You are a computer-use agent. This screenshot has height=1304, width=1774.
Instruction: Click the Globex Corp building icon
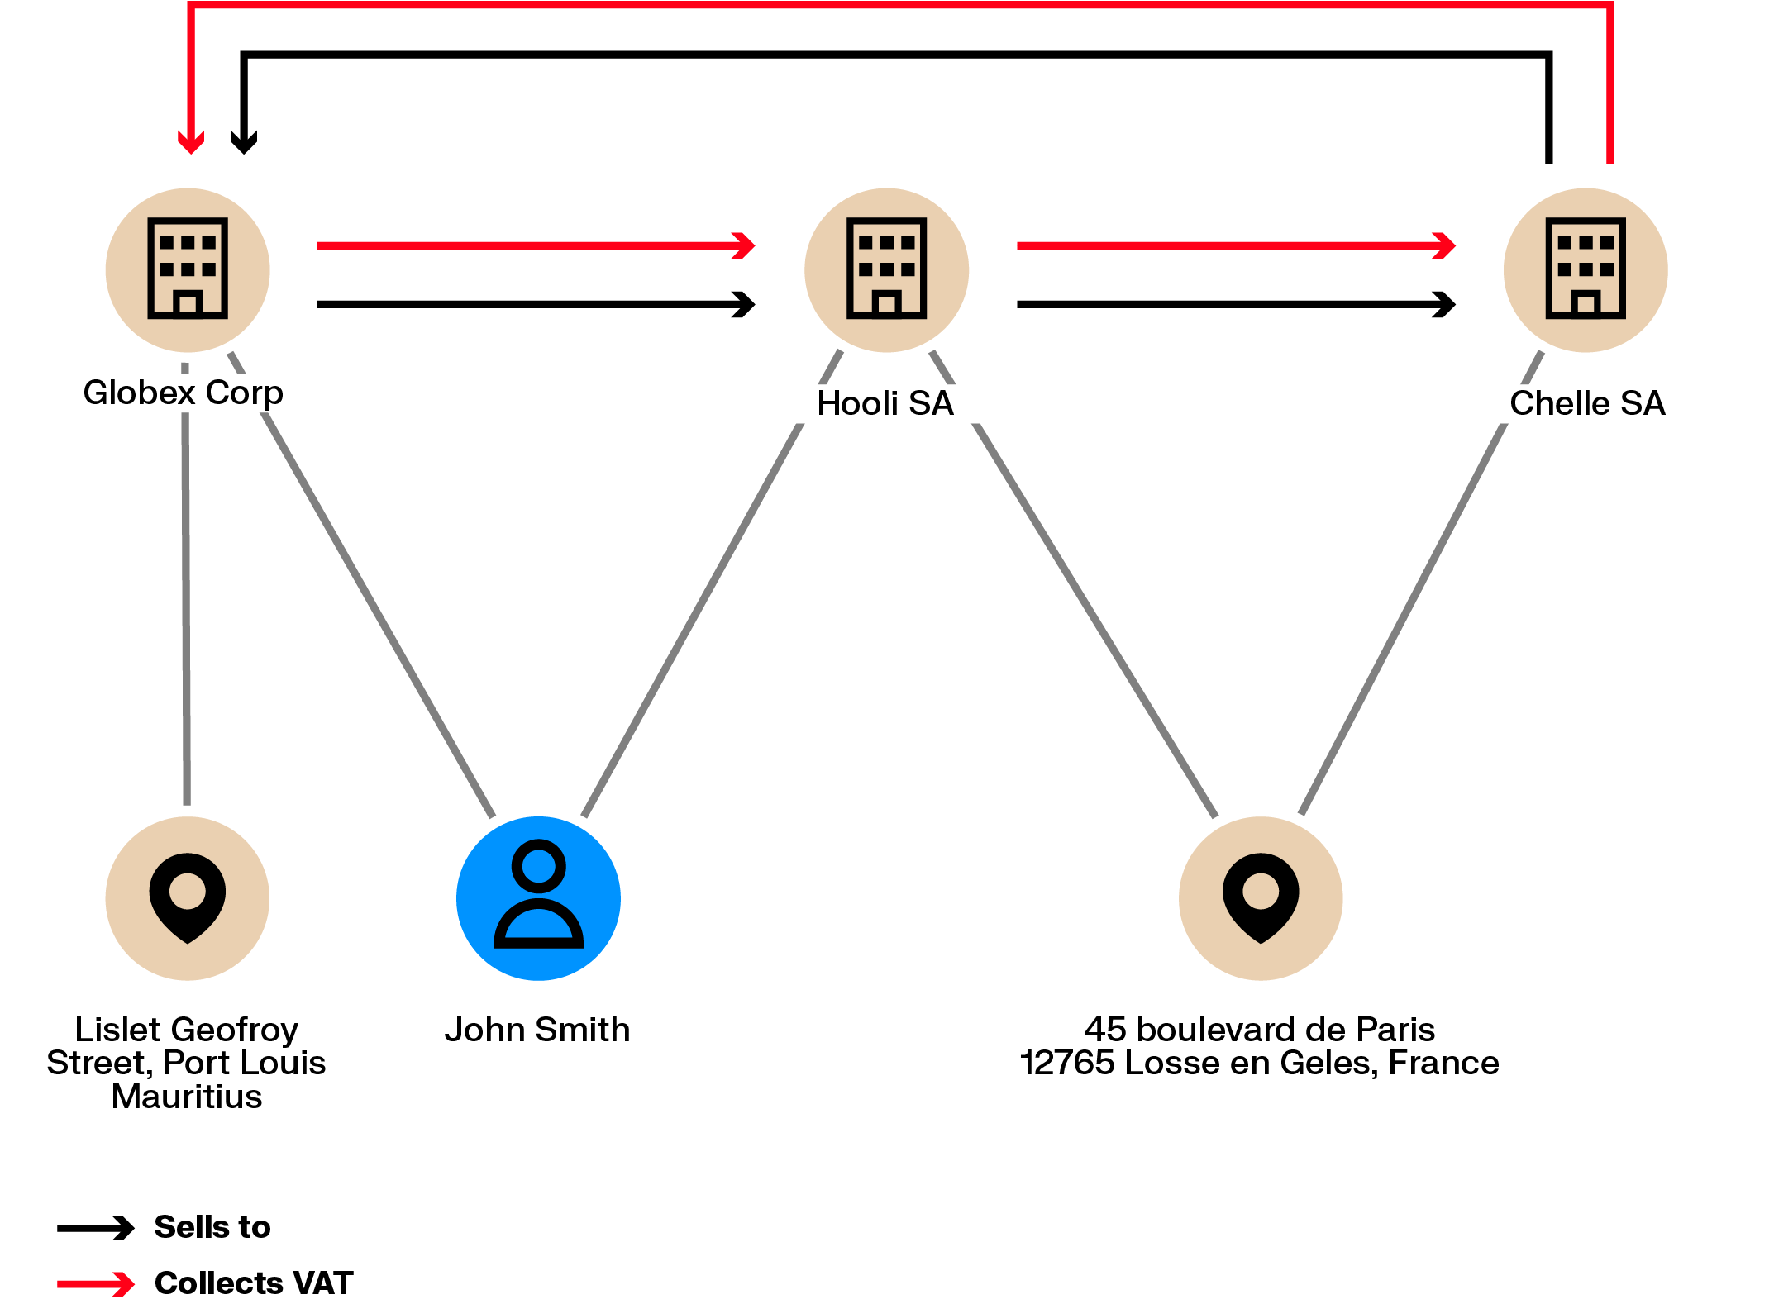[188, 269]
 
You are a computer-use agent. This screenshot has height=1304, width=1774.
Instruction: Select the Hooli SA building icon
[886, 269]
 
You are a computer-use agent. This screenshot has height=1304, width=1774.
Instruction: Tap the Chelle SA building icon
[1585, 269]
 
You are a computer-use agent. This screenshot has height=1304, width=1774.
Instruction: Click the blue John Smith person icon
[538, 898]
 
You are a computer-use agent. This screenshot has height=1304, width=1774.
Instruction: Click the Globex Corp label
[183, 393]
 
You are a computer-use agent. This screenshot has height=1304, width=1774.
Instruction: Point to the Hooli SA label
[885, 403]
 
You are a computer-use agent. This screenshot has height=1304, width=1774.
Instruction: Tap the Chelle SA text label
[1586, 403]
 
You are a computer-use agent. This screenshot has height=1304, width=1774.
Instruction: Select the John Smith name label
[537, 1030]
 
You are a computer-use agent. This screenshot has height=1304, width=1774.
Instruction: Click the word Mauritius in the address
[187, 1097]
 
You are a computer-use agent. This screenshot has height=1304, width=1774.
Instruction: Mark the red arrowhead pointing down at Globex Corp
[191, 143]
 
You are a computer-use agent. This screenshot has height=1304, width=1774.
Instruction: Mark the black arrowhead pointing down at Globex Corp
[244, 143]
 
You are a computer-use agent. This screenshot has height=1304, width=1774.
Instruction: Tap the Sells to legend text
[212, 1227]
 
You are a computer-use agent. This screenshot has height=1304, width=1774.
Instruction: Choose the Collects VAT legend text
[254, 1283]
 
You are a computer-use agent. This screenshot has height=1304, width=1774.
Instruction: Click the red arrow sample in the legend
[95, 1283]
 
